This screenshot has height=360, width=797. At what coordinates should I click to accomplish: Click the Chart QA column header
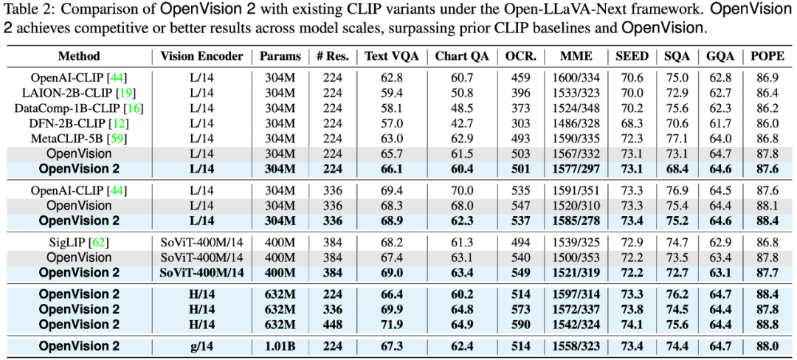click(462, 56)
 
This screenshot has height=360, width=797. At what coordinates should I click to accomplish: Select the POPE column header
click(767, 56)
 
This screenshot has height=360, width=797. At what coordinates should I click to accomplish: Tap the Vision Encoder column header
click(201, 56)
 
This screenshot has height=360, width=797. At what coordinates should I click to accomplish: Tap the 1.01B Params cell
click(280, 346)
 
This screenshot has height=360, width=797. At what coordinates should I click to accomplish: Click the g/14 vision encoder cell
click(201, 346)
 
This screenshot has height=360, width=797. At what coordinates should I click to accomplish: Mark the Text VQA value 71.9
click(391, 324)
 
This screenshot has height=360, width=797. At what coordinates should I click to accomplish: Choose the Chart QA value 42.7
click(462, 123)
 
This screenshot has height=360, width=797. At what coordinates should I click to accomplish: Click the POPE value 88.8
click(767, 324)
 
